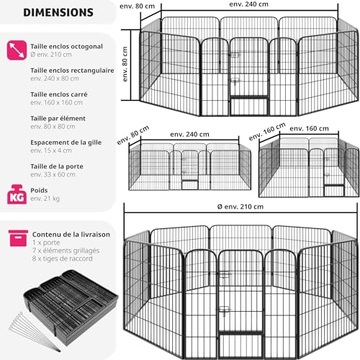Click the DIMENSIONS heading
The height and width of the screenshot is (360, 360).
[58, 12]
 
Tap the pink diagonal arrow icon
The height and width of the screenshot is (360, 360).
[17, 50]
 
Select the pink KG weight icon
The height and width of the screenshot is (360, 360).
[17, 194]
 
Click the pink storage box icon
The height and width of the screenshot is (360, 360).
[18, 238]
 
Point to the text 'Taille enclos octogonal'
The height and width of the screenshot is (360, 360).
[66, 46]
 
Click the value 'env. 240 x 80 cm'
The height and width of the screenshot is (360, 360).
[55, 78]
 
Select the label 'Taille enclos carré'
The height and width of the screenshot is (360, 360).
[59, 94]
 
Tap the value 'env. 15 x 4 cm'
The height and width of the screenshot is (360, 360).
[51, 150]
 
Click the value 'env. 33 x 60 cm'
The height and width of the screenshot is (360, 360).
[53, 174]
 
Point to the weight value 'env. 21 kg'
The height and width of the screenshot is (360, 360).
[45, 199]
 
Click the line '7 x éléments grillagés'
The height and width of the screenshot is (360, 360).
[66, 251]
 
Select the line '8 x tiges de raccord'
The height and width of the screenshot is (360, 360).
[63, 258]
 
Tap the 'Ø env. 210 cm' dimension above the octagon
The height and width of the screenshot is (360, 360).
[240, 207]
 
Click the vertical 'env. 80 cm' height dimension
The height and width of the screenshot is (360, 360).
[125, 64]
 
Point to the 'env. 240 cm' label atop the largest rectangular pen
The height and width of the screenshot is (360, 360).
[249, 4]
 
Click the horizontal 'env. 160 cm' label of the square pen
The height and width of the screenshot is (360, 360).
[309, 129]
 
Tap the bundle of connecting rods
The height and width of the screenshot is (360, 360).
[34, 332]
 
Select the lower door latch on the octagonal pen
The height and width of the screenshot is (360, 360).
[225, 310]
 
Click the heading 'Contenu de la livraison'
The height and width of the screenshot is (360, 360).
[71, 235]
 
